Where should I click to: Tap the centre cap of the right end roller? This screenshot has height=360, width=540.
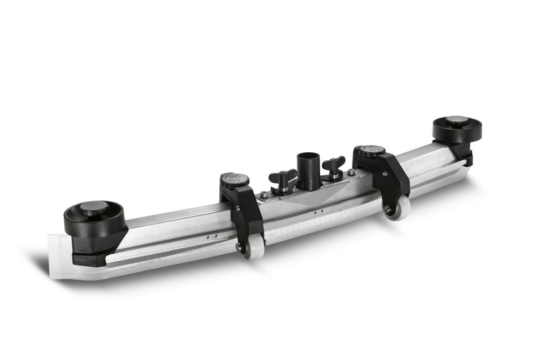pos(457,120)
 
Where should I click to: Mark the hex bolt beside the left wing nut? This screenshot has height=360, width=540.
pos(264,194)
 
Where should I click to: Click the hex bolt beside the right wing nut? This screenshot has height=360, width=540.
pos(352,173)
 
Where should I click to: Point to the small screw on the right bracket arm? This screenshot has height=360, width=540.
pos(384,174)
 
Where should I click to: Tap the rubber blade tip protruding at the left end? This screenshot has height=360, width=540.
pos(57,257)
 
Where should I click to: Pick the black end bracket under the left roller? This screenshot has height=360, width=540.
pos(92,246)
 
